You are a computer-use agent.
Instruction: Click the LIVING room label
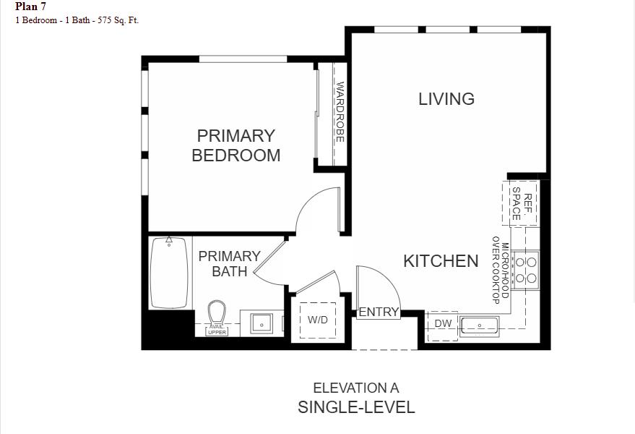click(x=446, y=99)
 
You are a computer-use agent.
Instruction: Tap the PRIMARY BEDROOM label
click(x=236, y=145)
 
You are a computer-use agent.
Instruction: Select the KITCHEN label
click(x=441, y=261)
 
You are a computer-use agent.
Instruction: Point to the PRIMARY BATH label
click(x=229, y=264)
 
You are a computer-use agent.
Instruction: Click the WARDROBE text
click(x=340, y=112)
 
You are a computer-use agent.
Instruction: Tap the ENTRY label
click(x=379, y=312)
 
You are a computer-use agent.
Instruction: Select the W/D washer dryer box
click(x=318, y=320)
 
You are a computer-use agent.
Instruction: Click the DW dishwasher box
click(x=443, y=324)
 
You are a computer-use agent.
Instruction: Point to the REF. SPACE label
click(x=522, y=203)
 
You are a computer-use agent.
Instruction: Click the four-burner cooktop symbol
click(x=525, y=269)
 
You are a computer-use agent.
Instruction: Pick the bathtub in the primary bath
click(x=170, y=272)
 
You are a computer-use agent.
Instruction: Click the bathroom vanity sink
click(x=261, y=323)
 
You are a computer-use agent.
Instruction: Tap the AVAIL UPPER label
click(x=217, y=330)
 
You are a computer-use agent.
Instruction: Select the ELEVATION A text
click(x=355, y=388)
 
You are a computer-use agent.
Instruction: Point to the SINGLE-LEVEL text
click(x=356, y=407)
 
